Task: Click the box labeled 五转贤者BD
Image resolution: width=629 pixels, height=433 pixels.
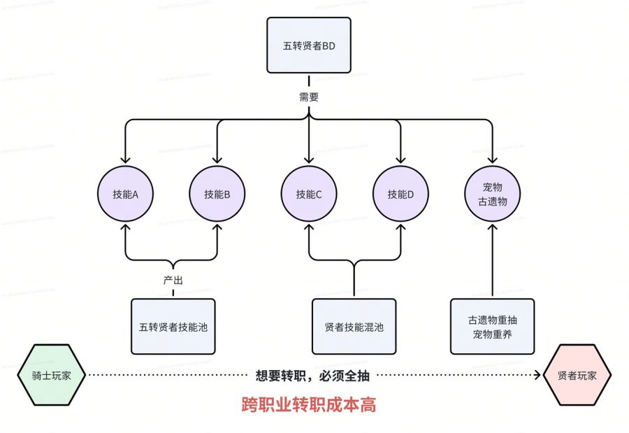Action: click(x=308, y=45)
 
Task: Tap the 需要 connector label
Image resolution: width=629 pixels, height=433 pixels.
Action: click(x=308, y=97)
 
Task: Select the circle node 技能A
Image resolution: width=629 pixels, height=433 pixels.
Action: click(x=125, y=194)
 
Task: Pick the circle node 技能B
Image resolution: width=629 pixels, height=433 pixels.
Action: click(x=217, y=194)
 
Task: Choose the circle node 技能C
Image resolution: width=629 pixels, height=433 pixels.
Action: click(x=308, y=194)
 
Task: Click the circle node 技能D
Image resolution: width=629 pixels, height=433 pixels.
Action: click(x=400, y=194)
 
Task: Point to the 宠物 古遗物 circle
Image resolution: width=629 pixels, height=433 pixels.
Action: click(x=493, y=194)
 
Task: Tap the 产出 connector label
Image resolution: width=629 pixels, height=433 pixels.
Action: click(x=173, y=280)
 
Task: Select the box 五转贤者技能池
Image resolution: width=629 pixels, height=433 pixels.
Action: click(x=173, y=326)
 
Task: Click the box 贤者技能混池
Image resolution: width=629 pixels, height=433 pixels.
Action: click(x=354, y=326)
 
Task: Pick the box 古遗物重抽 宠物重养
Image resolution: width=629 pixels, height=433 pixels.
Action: click(x=493, y=326)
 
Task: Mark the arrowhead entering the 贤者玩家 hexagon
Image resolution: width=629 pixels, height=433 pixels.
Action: click(x=538, y=375)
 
